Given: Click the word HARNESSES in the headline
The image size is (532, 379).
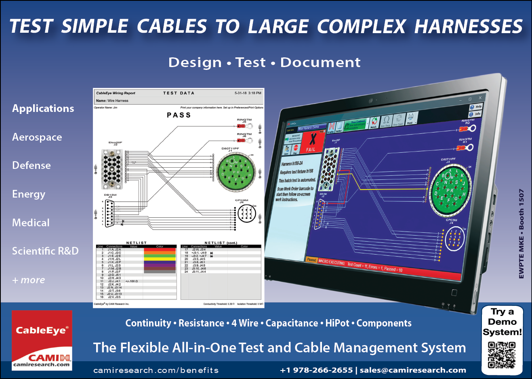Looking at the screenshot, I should [468, 27].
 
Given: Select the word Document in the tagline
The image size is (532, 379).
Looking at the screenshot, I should [320, 63].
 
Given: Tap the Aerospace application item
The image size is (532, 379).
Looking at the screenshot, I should [37, 137].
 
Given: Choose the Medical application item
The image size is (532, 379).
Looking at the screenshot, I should [31, 223].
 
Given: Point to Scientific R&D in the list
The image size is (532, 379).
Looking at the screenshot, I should [45, 251].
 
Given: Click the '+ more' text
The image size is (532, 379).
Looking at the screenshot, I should [29, 280].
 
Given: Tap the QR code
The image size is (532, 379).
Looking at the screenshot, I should [502, 355].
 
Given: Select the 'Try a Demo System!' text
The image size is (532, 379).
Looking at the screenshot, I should [502, 322].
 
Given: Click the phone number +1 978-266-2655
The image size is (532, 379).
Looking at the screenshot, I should [316, 370].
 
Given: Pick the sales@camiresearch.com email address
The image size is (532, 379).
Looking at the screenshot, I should [413, 370].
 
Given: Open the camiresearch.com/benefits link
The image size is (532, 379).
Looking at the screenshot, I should [156, 370].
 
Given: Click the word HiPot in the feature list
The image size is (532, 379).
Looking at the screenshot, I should [337, 323].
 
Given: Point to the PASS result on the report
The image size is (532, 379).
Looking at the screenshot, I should [179, 115].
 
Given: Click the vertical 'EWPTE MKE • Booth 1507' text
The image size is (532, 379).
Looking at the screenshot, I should [521, 234].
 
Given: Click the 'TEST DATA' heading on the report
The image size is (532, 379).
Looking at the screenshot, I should [179, 93].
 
